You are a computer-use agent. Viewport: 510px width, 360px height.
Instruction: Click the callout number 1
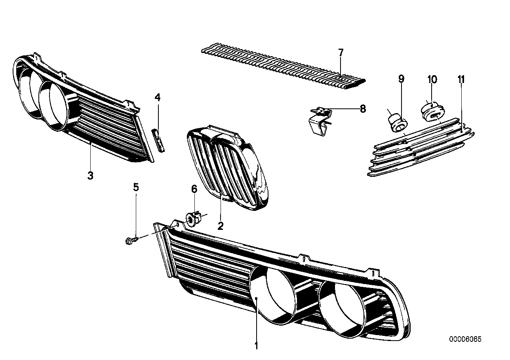256,346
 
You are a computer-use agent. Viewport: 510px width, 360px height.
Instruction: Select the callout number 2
221,226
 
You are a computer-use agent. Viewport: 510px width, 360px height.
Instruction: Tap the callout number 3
90,175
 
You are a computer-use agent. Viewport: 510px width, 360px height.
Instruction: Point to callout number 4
158,97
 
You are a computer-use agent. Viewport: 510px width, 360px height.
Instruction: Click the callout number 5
136,187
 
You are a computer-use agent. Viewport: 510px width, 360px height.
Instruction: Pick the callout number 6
194,189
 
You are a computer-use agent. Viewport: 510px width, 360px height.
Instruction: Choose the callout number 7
341,52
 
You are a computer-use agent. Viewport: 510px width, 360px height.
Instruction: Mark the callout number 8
363,109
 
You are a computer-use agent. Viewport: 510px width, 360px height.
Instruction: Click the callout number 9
401,79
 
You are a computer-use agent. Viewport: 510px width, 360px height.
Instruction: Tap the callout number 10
432,79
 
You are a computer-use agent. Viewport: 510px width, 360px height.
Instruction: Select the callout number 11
461,79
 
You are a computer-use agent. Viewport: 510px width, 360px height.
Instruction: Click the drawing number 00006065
465,339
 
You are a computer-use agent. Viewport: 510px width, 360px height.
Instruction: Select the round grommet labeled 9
396,121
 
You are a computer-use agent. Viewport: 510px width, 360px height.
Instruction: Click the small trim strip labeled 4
159,141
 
